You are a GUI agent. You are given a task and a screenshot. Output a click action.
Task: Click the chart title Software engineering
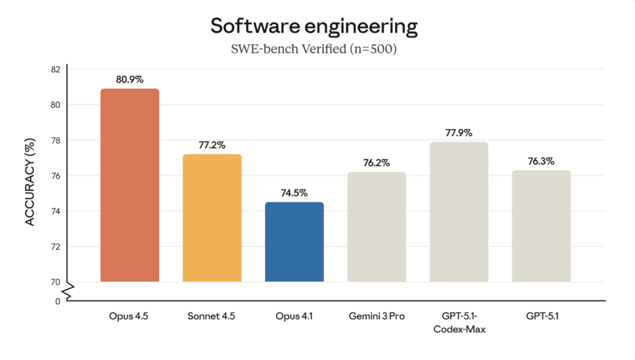[x=314, y=26]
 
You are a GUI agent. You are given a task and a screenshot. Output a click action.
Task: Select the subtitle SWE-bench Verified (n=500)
[x=314, y=49]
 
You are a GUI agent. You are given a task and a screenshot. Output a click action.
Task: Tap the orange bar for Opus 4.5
[x=130, y=185]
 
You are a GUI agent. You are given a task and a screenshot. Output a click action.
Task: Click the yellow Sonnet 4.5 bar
[x=212, y=218]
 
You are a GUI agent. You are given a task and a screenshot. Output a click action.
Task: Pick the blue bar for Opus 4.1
[x=294, y=242]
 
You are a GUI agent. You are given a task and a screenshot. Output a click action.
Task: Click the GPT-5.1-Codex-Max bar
[x=458, y=212]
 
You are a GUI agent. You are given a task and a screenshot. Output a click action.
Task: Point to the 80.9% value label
[x=130, y=79]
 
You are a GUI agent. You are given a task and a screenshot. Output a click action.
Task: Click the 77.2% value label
[x=212, y=145]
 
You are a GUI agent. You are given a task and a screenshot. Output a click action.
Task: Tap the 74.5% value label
[x=294, y=193]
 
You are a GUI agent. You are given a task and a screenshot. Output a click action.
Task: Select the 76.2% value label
[x=376, y=163]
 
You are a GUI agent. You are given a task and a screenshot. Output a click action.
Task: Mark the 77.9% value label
[x=458, y=132]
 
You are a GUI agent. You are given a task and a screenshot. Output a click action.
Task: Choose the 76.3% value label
[x=540, y=161]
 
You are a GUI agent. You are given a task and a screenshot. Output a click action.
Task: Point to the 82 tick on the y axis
[x=55, y=69]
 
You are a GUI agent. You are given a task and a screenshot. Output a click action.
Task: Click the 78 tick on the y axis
[x=55, y=140]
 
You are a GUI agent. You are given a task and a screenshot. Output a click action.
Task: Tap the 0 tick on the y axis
[x=58, y=301]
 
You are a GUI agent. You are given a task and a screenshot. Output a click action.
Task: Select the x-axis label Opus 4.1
[x=294, y=316]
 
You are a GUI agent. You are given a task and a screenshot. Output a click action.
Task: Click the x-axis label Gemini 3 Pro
[x=376, y=316]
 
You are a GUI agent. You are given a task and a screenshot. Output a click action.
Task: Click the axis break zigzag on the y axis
[x=67, y=289]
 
